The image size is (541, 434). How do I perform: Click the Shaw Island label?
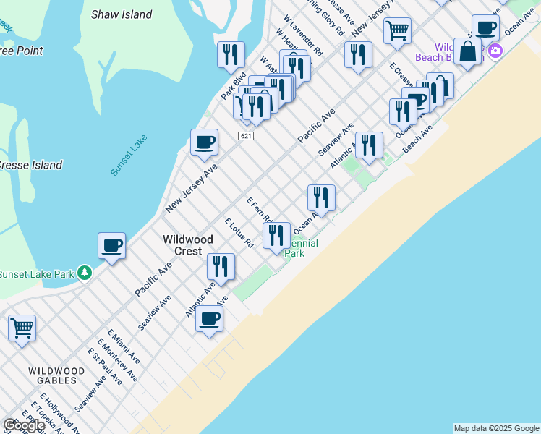[x=122, y=14]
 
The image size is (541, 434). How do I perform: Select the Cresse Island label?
[x=30, y=165]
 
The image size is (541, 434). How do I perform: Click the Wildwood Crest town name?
[x=187, y=244]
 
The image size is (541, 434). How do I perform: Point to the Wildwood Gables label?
[x=53, y=375]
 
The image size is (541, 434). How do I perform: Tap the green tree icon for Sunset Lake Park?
[x=85, y=273]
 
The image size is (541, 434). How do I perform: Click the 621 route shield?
[x=246, y=136]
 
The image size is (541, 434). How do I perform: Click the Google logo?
[x=24, y=425]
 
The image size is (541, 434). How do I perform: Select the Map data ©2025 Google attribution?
[x=496, y=428]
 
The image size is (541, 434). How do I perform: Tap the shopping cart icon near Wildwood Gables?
[x=22, y=328]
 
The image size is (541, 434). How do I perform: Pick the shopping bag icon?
[x=468, y=52]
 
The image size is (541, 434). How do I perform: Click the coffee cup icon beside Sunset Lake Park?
[x=112, y=247]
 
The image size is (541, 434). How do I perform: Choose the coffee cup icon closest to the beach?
[x=210, y=318]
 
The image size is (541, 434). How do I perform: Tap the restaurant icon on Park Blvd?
[x=231, y=54]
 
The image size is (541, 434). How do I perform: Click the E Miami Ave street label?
[x=124, y=347]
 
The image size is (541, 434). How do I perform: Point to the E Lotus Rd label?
[x=238, y=232]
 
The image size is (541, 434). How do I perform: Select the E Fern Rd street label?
[x=259, y=210]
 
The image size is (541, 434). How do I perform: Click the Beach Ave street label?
[x=417, y=138]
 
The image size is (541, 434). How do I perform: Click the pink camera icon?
[x=495, y=51]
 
